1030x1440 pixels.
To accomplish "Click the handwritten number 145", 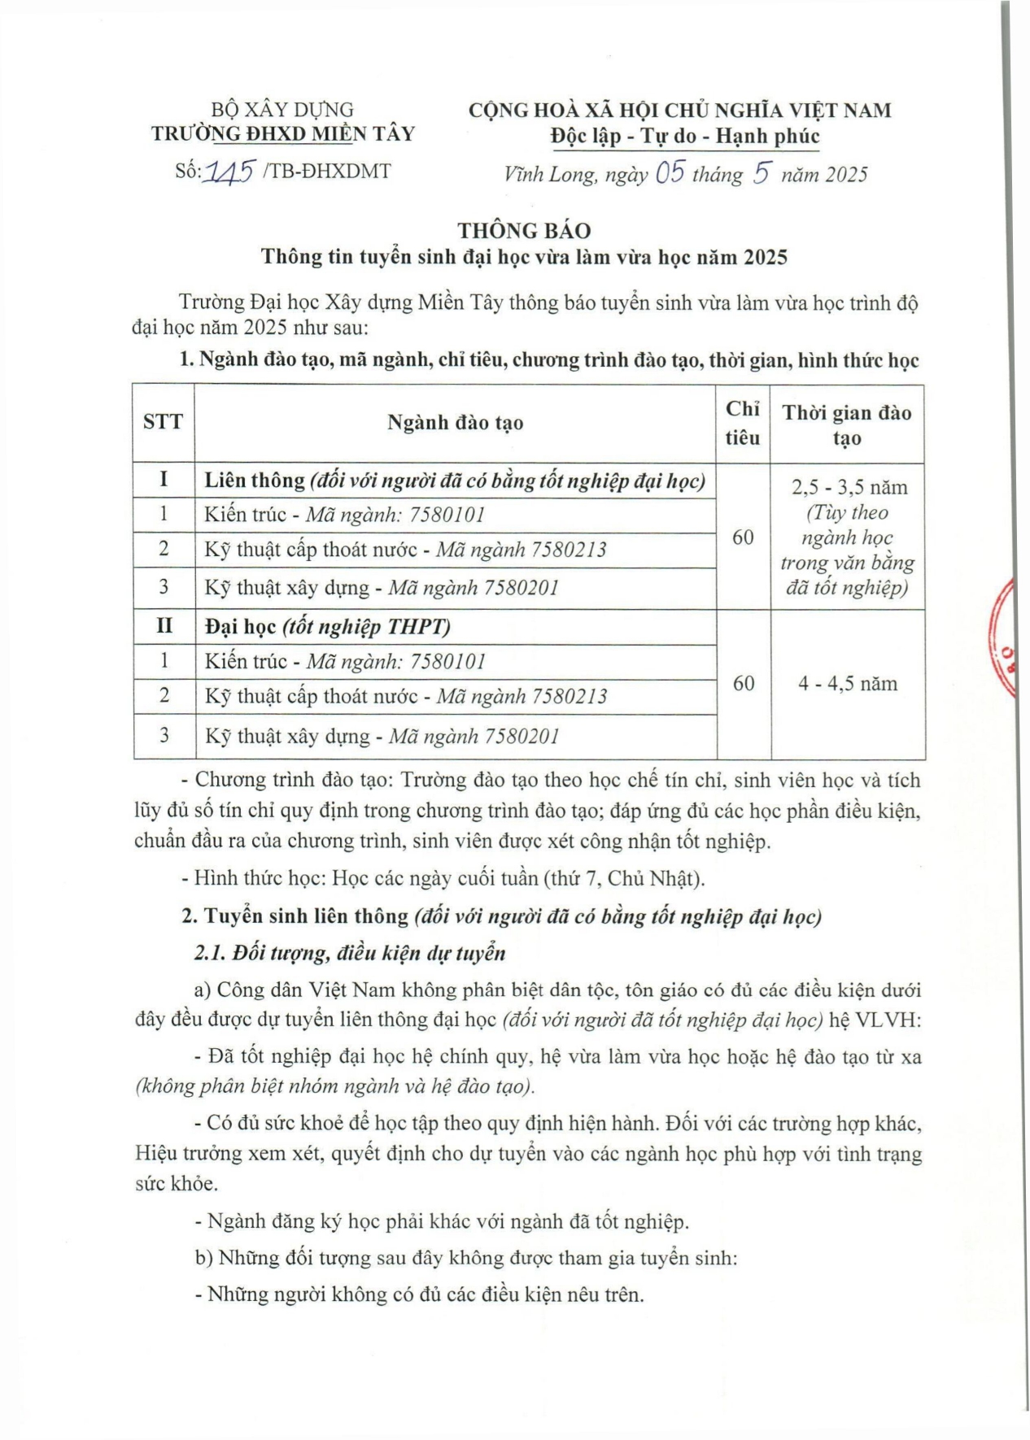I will (230, 172).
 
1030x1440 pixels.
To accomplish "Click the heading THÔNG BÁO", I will (524, 231).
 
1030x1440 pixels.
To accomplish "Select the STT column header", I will (164, 422).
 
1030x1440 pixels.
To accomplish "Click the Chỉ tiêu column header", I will (743, 423).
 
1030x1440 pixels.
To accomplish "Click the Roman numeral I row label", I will (164, 479).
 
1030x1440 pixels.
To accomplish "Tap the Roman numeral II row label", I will (164, 626).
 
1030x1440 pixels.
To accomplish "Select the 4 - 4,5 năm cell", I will (848, 684).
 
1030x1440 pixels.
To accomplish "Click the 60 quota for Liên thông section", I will (743, 537).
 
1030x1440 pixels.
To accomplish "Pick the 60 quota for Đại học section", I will (744, 684).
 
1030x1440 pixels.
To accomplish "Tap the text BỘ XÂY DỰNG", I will (282, 110).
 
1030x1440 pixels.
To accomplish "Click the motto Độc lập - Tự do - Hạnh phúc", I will (684, 136).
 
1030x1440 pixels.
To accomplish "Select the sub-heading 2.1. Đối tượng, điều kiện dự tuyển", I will (350, 953).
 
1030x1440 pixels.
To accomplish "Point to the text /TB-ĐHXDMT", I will (327, 172).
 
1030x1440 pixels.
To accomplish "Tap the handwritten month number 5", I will (762, 173).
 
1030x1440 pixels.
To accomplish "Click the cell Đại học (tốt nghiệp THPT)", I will (328, 627).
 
